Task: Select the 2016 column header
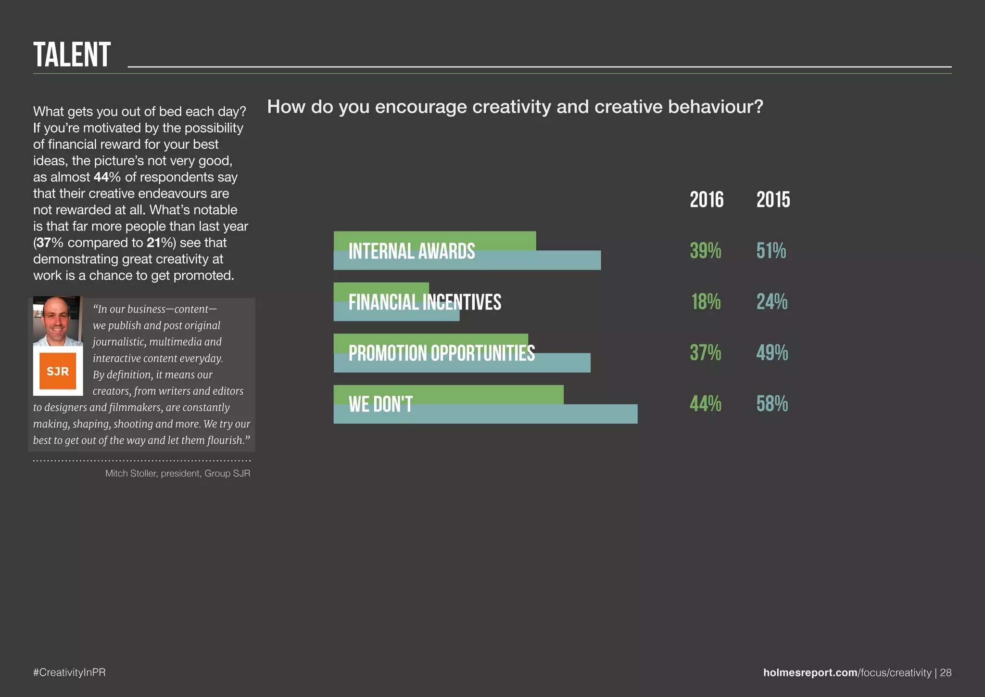click(706, 200)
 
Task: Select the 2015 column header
click(773, 200)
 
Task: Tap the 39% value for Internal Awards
click(706, 251)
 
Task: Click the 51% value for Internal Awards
click(771, 251)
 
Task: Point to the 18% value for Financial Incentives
click(706, 302)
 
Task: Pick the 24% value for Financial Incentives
click(771, 302)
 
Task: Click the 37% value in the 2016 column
click(706, 353)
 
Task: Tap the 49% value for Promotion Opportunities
click(772, 353)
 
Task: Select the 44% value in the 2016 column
click(706, 404)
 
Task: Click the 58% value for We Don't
click(772, 404)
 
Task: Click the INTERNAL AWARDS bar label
click(412, 251)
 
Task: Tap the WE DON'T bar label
click(380, 404)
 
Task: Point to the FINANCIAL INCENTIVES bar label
click(425, 302)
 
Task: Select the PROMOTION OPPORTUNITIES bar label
click(442, 353)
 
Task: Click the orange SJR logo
click(58, 371)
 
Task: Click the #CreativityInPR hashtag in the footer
click(69, 672)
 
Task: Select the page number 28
click(946, 672)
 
